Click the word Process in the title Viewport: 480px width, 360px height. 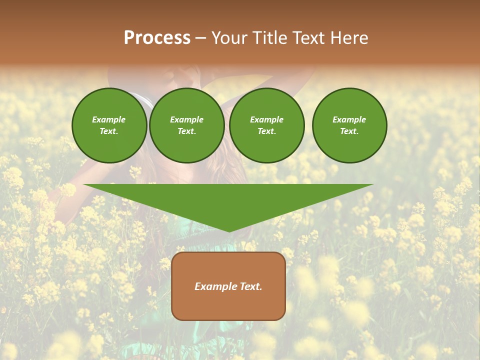(157, 38)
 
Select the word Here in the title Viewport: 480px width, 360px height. (349, 38)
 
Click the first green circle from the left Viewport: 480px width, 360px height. (109, 125)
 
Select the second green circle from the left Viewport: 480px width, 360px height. (186, 125)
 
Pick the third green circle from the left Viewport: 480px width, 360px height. (266, 125)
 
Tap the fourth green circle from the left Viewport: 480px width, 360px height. (349, 125)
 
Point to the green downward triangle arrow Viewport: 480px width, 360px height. (228, 200)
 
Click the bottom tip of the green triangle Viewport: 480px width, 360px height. (229, 231)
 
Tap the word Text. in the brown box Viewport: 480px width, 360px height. (249, 286)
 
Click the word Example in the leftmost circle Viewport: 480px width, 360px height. (109, 119)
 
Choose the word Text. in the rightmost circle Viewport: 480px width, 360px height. (349, 131)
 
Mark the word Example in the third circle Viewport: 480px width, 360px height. (266, 119)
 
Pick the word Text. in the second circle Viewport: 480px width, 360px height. (186, 131)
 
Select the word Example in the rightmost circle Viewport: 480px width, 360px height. (349, 119)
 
